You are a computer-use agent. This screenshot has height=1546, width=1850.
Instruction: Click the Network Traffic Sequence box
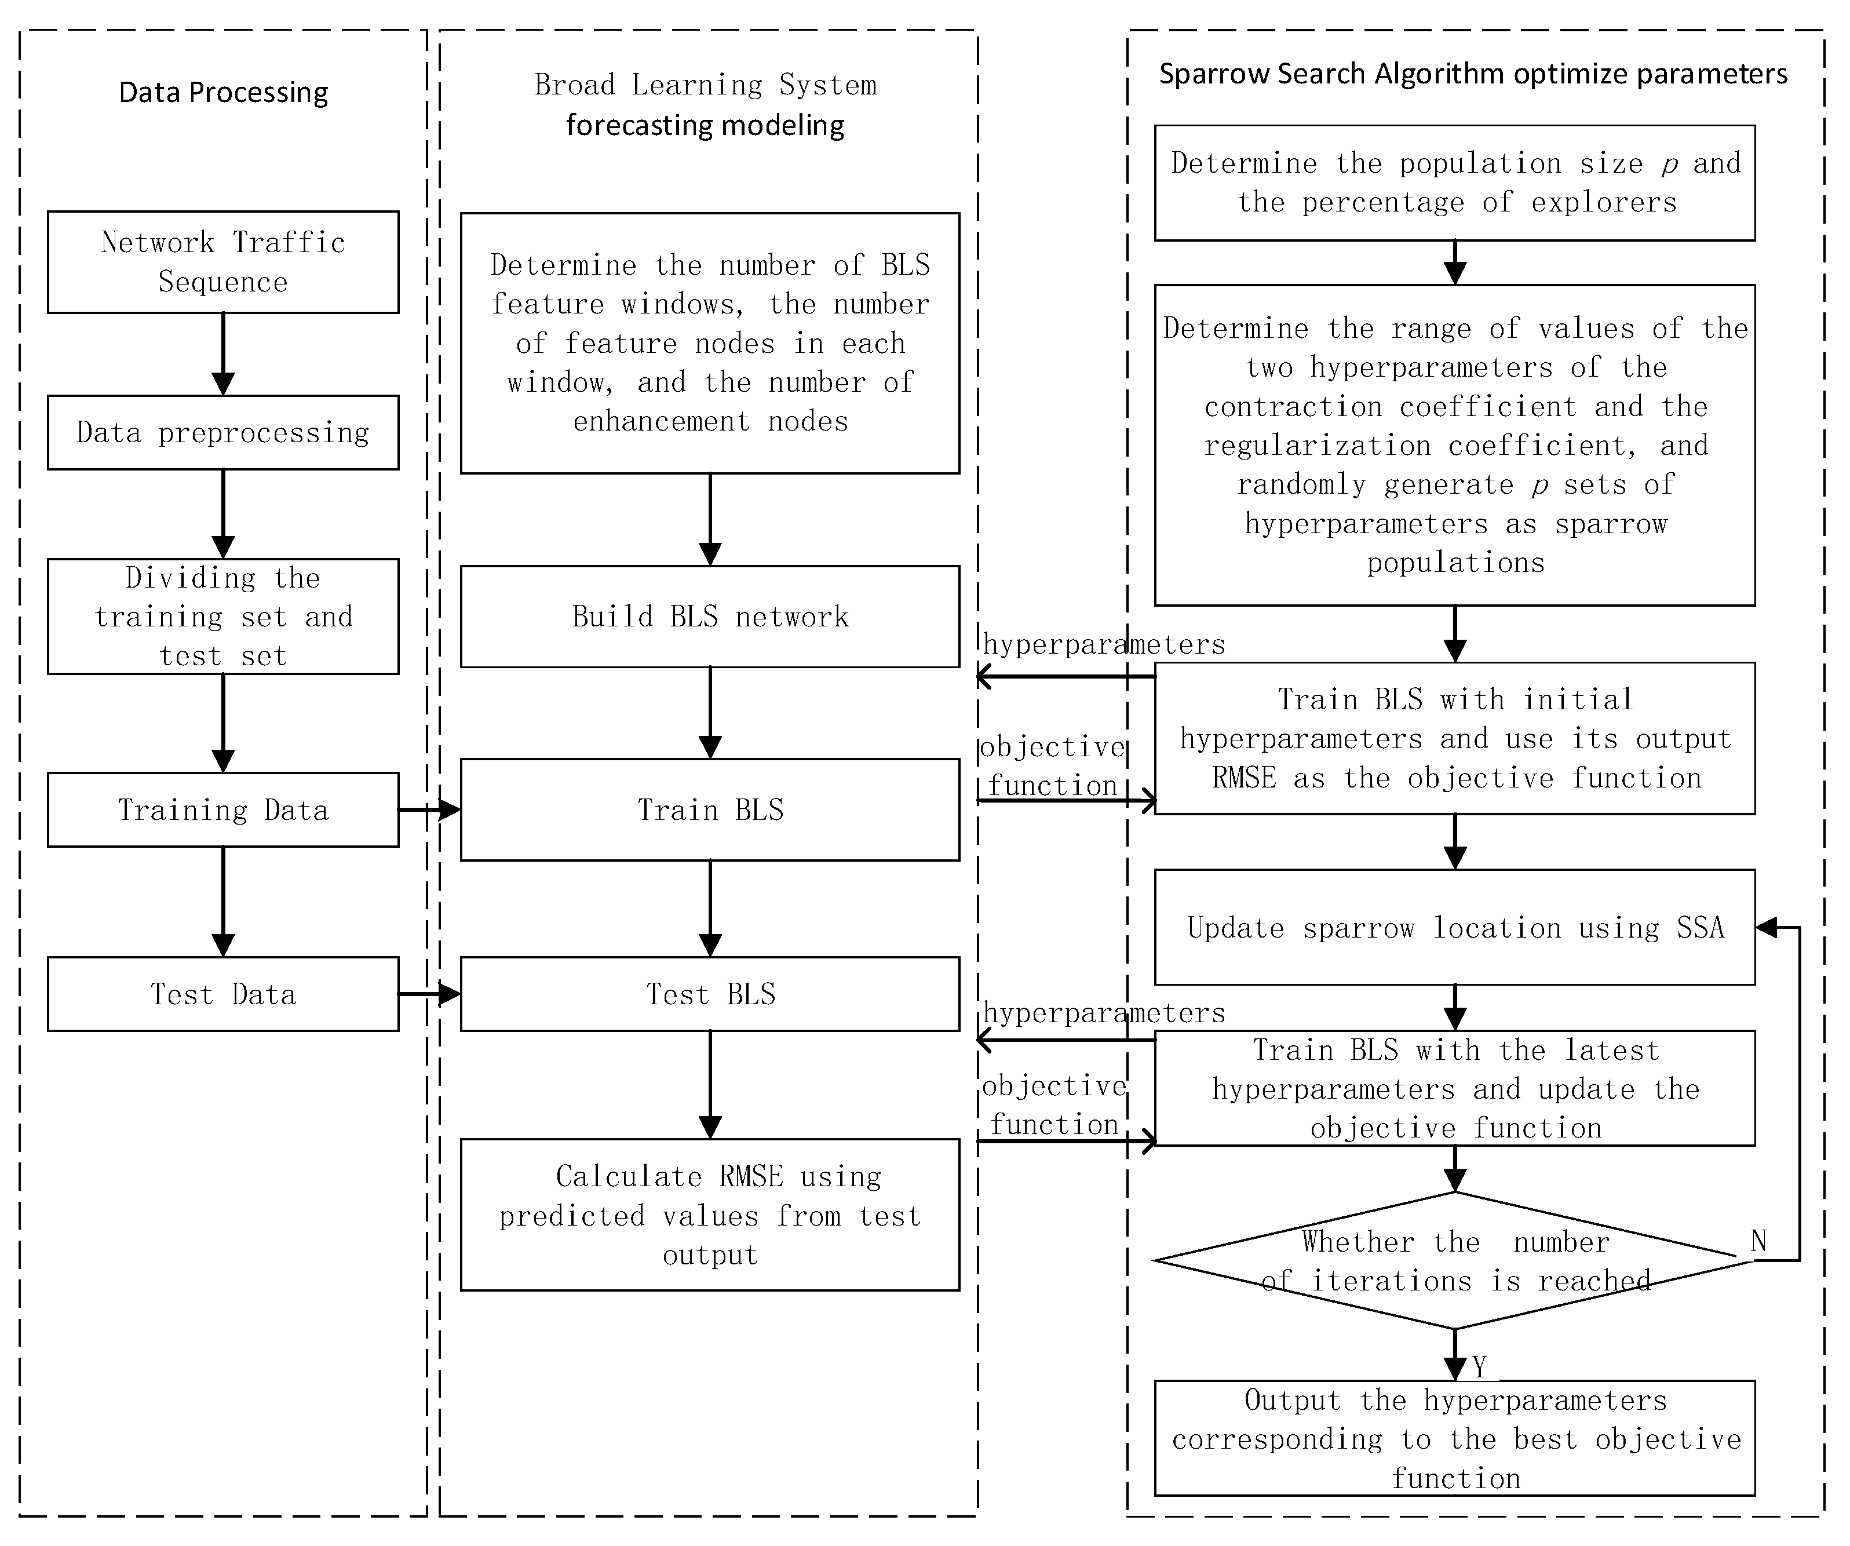click(223, 262)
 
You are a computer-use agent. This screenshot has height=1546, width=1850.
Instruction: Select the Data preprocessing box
click(223, 432)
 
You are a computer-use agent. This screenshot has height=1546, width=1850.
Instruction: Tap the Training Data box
click(223, 810)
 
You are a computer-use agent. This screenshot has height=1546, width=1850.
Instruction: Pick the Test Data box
click(223, 994)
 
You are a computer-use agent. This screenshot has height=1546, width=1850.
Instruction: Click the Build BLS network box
click(710, 616)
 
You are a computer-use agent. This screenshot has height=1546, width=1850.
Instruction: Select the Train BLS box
click(710, 810)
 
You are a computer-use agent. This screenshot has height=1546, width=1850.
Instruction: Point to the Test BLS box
click(710, 994)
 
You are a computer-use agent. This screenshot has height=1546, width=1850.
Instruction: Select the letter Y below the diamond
click(1479, 1366)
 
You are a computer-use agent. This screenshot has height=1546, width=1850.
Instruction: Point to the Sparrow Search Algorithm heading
click(1473, 74)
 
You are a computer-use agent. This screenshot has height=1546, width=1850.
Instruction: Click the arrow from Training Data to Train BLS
click(429, 810)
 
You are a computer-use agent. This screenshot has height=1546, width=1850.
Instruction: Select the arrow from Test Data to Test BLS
click(429, 994)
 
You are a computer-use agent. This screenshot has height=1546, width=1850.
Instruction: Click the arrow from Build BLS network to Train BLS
click(710, 712)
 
